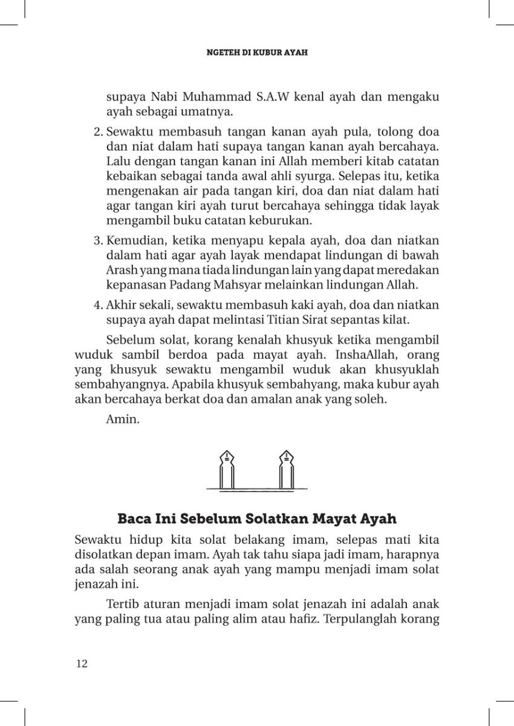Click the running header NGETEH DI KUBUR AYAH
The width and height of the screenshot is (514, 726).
click(x=257, y=53)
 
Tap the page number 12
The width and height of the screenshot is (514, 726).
click(x=82, y=664)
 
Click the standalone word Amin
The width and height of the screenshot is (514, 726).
click(x=123, y=418)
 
